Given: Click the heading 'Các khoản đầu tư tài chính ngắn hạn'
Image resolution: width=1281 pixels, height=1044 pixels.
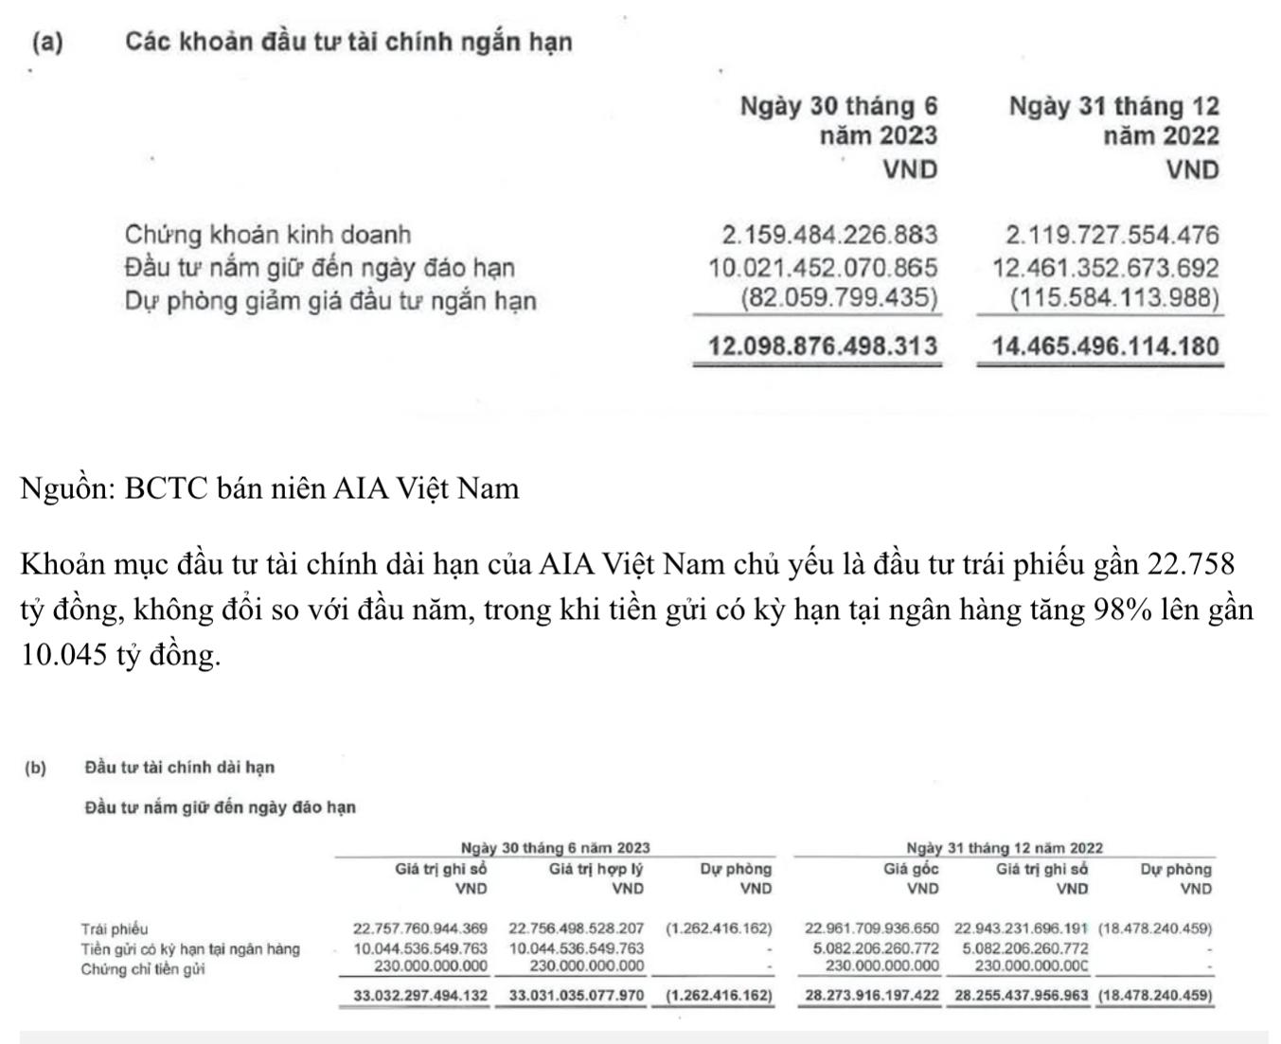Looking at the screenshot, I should tap(348, 43).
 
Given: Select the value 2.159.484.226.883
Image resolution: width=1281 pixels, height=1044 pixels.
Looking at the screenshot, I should tap(829, 235).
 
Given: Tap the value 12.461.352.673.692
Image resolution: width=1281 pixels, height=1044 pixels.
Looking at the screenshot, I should tap(1105, 268).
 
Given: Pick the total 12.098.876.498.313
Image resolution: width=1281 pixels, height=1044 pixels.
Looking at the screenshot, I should tap(823, 346).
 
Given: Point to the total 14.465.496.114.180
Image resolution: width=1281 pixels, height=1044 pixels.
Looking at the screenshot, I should tap(1105, 346).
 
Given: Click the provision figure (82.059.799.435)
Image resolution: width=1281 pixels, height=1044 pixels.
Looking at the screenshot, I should tap(839, 299).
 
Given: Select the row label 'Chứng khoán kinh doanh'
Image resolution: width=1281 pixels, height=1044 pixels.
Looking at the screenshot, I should tap(268, 235).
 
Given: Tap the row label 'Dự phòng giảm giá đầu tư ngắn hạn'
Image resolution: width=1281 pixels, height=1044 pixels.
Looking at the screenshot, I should tap(329, 301).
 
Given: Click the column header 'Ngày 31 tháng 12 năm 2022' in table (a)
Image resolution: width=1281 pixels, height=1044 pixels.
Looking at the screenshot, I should tap(1113, 120).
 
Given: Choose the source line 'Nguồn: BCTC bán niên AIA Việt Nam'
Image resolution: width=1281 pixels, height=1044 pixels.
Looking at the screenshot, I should tap(270, 488).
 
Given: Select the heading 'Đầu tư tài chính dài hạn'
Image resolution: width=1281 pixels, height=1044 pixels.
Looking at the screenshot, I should tap(179, 767).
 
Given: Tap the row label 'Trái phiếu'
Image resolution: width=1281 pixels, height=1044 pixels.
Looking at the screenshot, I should tap(114, 929).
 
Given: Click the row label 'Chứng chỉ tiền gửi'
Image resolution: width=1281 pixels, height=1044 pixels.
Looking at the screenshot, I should tap(143, 969).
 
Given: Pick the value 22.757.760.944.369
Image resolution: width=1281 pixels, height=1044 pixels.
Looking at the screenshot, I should tap(420, 929).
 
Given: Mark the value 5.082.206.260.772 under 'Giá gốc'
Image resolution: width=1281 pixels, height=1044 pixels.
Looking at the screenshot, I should tap(875, 948).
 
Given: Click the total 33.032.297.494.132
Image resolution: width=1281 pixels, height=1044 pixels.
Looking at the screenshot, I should tap(420, 996).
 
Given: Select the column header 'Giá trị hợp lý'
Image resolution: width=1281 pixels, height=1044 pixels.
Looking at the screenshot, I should tap(596, 869).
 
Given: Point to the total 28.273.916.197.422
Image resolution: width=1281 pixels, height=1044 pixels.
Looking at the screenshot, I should tap(871, 996).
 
